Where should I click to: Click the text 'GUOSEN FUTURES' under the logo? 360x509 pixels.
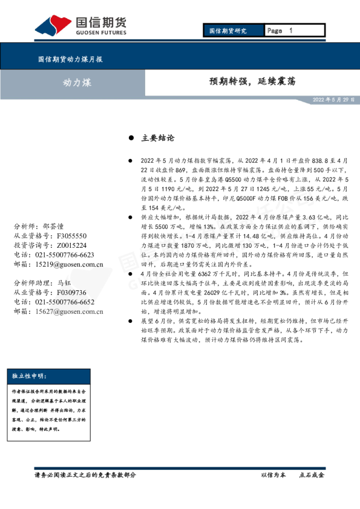point(101,33)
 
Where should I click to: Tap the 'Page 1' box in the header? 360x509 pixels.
point(295,30)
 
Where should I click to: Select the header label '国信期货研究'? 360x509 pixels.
point(228,30)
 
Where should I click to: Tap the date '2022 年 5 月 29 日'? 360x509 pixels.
point(333,99)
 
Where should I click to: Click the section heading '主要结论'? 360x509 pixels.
point(157,138)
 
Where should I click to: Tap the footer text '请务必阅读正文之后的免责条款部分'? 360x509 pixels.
point(85,475)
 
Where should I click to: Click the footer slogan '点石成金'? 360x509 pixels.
point(312,475)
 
